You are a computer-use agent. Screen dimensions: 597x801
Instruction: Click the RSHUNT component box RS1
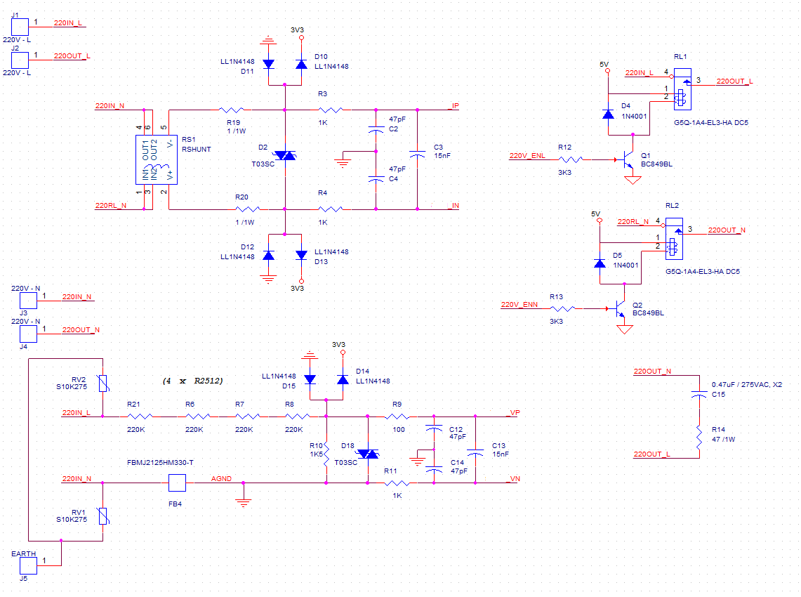[x=157, y=160]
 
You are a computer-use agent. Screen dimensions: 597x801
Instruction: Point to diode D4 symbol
[x=608, y=113]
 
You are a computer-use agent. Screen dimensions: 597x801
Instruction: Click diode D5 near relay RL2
[x=600, y=263]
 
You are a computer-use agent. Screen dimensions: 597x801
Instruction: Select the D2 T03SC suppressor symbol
[x=285, y=155]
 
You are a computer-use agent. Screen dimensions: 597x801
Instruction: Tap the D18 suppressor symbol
[x=368, y=454]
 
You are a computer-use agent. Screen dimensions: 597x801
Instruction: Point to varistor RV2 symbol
[x=103, y=383]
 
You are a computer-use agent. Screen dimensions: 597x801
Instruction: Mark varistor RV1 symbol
[x=103, y=516]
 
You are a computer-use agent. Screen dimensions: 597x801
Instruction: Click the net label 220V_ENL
[x=527, y=155]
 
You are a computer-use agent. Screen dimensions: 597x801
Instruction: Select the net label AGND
[x=222, y=478]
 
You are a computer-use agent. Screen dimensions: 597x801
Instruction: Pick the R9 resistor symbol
[x=398, y=416]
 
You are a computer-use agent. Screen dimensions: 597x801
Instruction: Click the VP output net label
[x=514, y=412]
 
